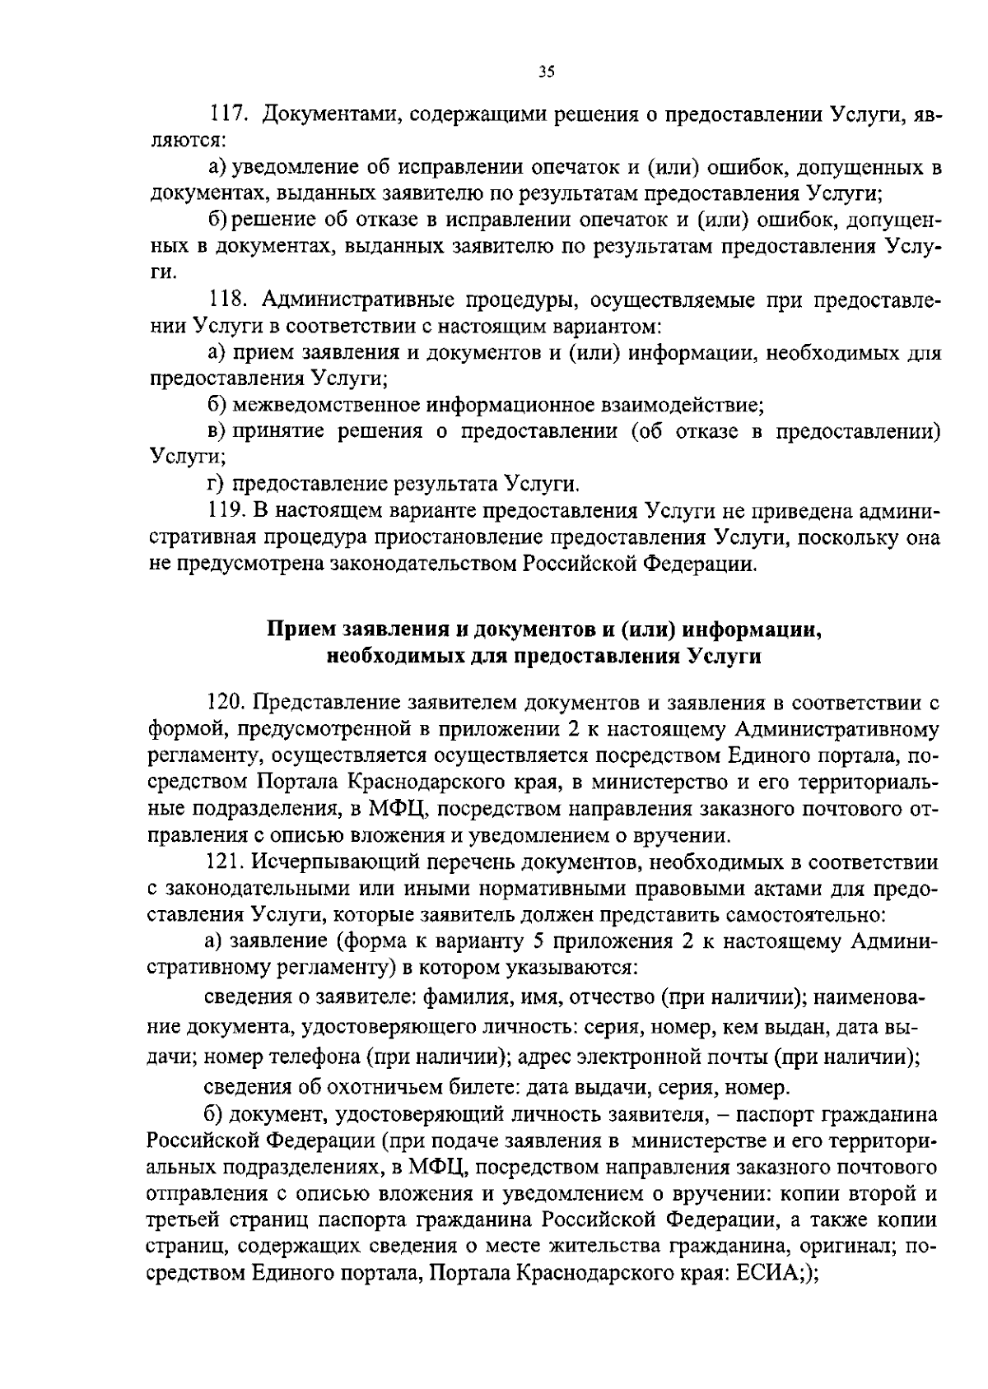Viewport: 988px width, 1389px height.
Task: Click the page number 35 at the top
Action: pos(546,72)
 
